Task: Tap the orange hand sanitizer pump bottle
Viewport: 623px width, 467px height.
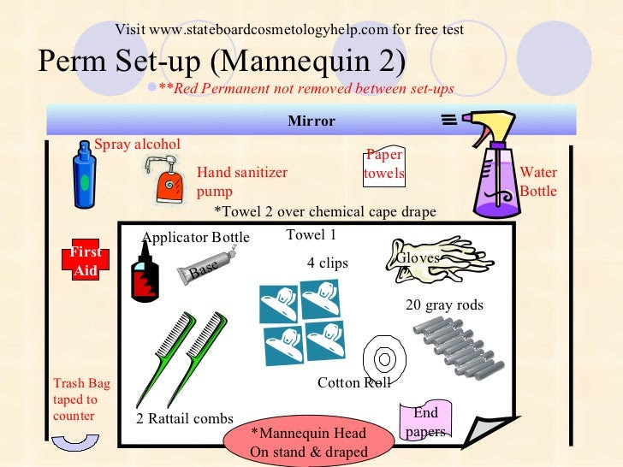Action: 168,183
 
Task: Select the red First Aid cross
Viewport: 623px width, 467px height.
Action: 86,259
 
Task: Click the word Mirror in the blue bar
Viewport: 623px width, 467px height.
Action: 311,121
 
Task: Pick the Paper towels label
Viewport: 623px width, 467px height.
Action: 384,164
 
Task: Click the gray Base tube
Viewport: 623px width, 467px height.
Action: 205,266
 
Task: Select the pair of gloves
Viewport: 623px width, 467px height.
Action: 437,260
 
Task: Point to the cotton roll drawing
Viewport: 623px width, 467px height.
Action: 384,358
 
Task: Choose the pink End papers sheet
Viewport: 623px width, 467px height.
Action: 425,421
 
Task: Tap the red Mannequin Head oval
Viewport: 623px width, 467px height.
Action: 309,441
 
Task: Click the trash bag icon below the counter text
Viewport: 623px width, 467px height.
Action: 75,441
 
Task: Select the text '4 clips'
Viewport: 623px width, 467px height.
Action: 328,263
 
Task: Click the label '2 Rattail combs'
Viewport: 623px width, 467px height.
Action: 185,418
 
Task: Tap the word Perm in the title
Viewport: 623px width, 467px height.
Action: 73,61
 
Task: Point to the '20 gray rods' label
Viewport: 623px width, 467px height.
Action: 445,305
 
